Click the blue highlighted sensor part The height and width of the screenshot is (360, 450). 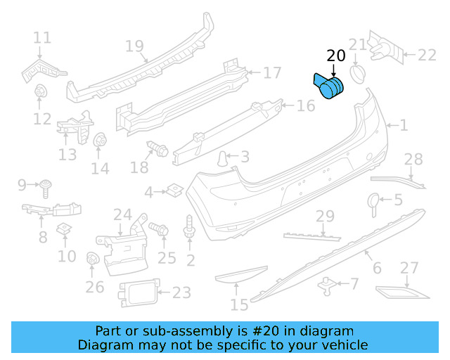[x=328, y=88]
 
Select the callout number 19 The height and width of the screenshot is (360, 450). [x=134, y=46]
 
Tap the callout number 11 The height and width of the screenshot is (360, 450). [x=42, y=37]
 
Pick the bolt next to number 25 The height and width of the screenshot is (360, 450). [x=158, y=229]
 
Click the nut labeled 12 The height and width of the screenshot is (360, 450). [x=41, y=91]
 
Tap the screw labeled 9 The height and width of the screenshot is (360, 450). [x=46, y=186]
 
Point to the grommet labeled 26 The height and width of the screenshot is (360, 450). [x=91, y=259]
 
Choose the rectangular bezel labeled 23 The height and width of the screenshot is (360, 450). [x=138, y=292]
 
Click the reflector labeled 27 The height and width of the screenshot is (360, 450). [x=397, y=291]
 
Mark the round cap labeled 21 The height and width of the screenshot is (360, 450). [x=357, y=74]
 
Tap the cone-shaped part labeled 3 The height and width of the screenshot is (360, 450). [x=223, y=158]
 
